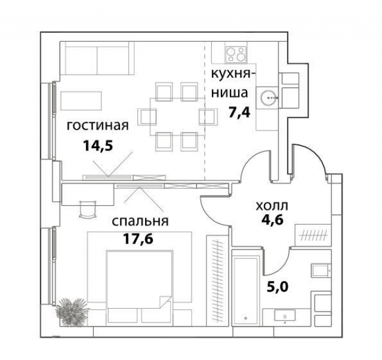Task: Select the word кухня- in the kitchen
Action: (232, 74)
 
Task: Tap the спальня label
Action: (140, 221)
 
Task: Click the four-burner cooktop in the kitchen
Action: (236, 53)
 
